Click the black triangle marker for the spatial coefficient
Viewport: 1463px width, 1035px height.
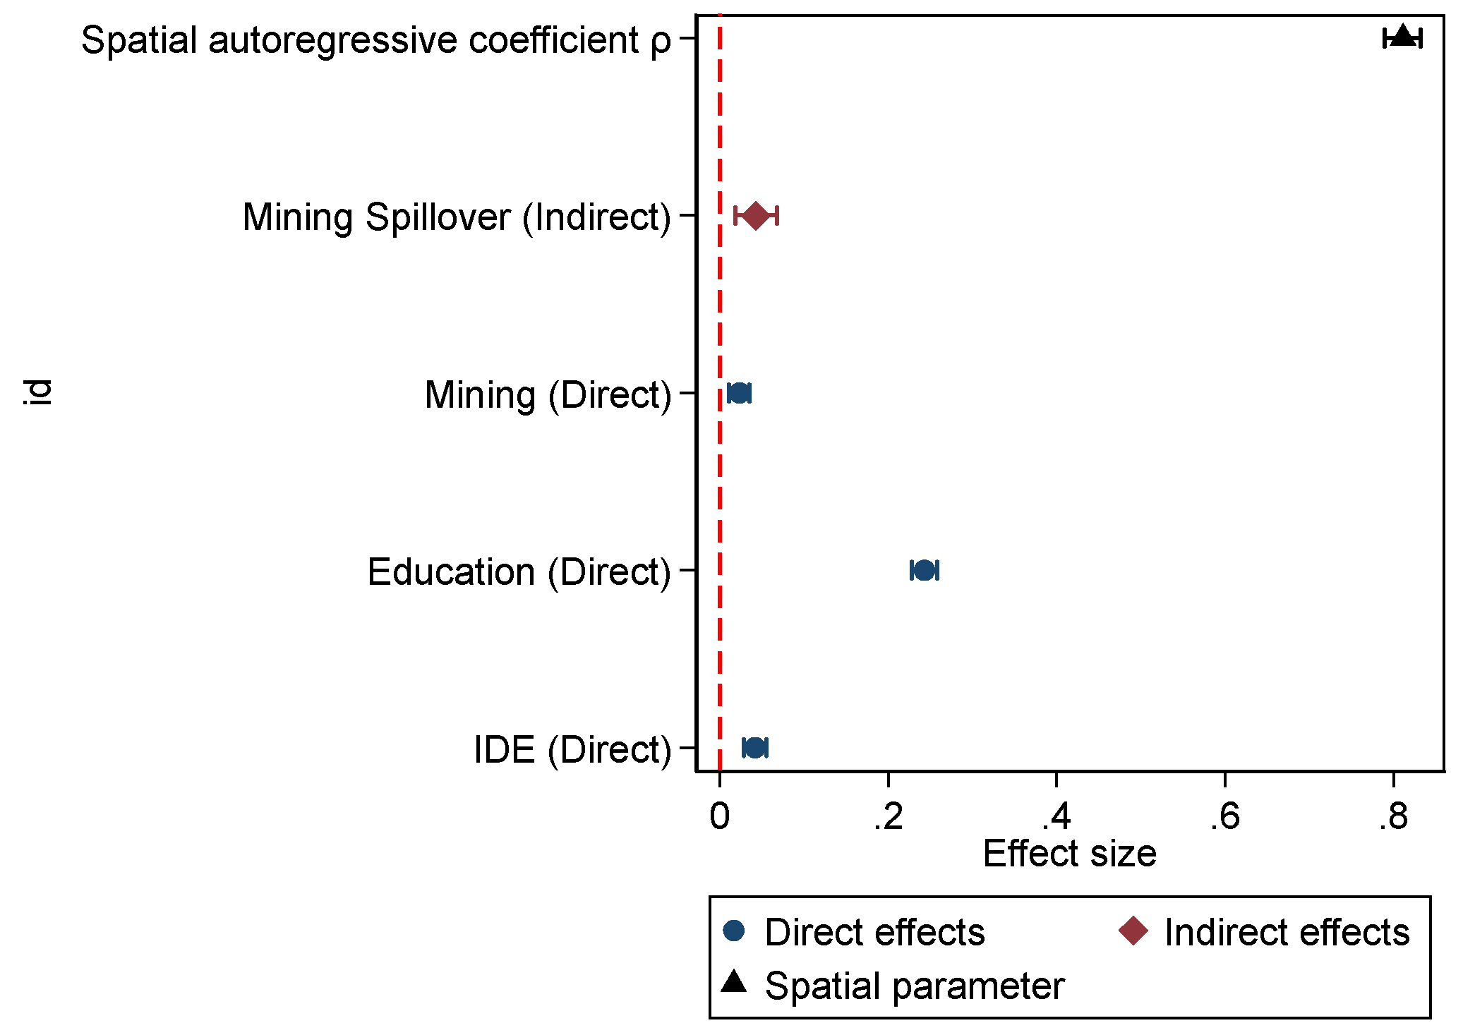tap(1403, 36)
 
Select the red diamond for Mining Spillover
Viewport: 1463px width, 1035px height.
tap(756, 215)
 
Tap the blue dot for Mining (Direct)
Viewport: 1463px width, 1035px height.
tap(739, 393)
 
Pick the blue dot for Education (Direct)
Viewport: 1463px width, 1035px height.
tap(925, 570)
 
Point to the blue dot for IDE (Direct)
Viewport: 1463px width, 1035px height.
tap(755, 748)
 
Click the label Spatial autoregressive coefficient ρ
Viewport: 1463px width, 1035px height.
tap(376, 40)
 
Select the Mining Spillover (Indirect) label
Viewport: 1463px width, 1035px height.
tap(457, 217)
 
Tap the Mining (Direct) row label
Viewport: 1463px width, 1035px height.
tap(548, 395)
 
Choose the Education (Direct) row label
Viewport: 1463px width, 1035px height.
tap(519, 572)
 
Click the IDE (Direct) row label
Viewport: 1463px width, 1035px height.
tap(572, 749)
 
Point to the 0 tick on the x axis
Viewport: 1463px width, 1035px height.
tap(720, 817)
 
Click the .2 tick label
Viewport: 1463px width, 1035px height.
tap(888, 817)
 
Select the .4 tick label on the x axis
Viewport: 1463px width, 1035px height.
tap(1056, 817)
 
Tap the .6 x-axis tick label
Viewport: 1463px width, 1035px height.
tap(1224, 817)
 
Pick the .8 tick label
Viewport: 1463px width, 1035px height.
tap(1393, 817)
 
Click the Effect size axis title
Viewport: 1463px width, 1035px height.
tap(1069, 854)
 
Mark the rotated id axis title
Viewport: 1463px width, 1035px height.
tap(37, 392)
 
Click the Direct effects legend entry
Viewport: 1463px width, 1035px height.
tap(854, 932)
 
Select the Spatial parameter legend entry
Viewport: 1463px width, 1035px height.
tap(893, 986)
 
